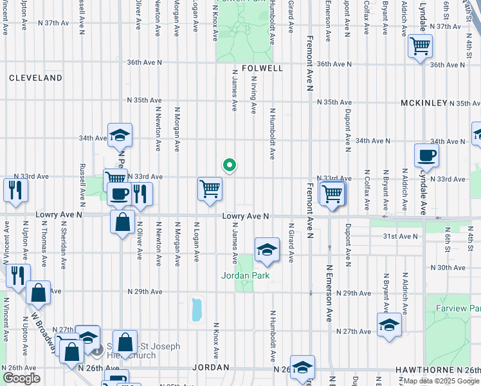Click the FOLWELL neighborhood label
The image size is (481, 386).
(x=262, y=68)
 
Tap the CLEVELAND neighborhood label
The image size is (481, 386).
(x=35, y=78)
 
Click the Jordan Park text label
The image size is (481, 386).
(x=245, y=276)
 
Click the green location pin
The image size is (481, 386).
(x=229, y=166)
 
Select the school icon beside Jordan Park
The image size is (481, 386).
(x=267, y=250)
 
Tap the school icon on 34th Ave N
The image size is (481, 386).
(x=120, y=135)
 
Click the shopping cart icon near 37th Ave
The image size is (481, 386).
(x=420, y=46)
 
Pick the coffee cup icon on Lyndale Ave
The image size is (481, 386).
(x=426, y=155)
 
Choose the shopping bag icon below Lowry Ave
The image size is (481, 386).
(x=122, y=223)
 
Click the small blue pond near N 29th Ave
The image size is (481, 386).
(x=196, y=309)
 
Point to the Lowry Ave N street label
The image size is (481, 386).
(x=245, y=217)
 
